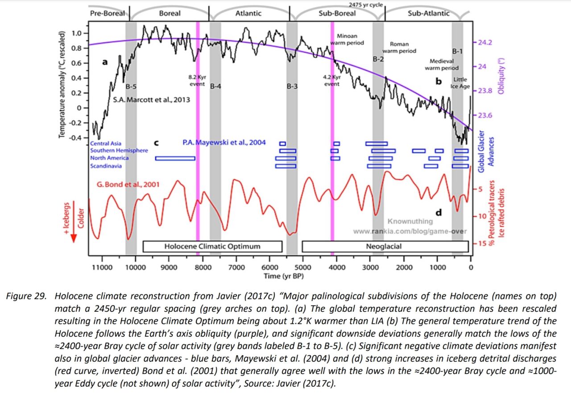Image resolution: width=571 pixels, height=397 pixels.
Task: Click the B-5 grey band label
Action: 130,86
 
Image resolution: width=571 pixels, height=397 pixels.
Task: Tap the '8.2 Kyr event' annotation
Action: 196,80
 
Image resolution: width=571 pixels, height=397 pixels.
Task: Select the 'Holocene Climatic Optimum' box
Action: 212,246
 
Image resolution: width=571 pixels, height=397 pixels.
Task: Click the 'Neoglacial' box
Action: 384,246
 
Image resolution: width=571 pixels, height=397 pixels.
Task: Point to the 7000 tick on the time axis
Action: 236,267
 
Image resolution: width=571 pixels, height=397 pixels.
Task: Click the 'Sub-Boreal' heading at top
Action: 337,13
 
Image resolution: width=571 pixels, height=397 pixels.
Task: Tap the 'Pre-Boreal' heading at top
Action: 108,13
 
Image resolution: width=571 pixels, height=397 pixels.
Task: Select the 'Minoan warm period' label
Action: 347,39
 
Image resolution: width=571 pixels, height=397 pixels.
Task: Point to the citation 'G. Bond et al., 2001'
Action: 128,184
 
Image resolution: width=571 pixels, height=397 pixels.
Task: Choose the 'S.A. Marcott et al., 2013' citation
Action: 151,100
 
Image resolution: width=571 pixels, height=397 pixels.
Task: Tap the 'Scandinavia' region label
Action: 106,166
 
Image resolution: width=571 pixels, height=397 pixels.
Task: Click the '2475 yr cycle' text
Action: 366,5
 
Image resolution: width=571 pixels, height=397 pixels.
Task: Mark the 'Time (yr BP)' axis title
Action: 281,276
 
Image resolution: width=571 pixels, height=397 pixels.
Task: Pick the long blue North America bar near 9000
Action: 175,158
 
